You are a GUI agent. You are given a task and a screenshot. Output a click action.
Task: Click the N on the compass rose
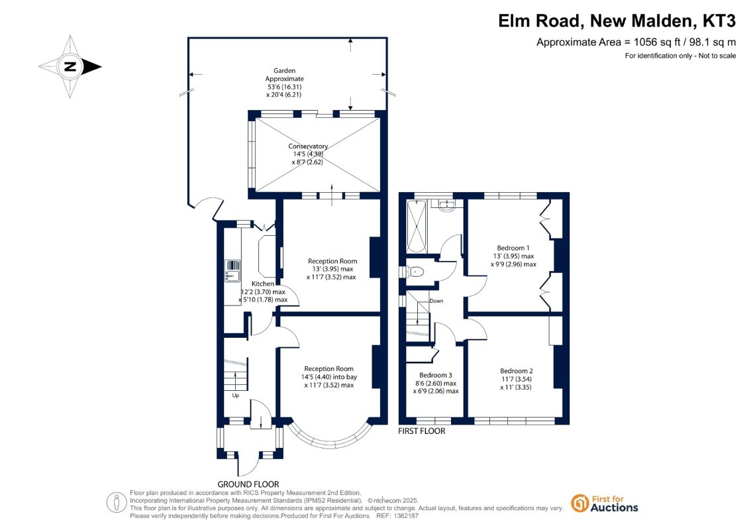pos(70,66)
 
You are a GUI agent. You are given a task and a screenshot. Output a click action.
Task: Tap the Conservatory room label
pos(308,146)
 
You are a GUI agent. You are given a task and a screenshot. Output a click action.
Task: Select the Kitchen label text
pos(263,284)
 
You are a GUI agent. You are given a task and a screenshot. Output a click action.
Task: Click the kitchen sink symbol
pos(232,271)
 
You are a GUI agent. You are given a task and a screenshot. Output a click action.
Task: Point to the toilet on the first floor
pos(414,272)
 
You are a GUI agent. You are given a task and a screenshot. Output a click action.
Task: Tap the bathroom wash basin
pos(448,205)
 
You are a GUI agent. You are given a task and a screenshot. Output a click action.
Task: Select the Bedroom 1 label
pos(513,248)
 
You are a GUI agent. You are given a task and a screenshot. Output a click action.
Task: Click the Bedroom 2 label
pos(517,371)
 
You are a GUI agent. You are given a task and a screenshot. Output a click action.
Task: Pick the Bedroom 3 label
pos(436,375)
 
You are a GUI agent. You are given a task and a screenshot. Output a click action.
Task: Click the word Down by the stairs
pos(436,301)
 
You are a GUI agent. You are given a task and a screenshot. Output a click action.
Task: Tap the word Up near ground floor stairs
pos(236,396)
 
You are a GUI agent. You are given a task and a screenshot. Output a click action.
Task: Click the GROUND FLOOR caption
pos(248,484)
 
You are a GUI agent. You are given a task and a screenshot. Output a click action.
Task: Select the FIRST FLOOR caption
pos(422,431)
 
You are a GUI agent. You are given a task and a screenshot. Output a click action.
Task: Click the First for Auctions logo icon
pos(580,503)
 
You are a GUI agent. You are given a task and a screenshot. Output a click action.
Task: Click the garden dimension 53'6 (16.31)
pos(285,87)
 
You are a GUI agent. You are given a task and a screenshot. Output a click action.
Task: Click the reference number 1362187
pos(405,516)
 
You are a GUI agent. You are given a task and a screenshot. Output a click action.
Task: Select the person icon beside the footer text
pos(116,503)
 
